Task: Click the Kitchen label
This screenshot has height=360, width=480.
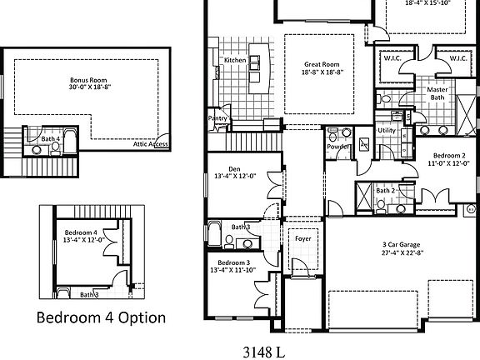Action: pyautogui.click(x=234, y=60)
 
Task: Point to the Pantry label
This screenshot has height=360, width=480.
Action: pyautogui.click(x=217, y=118)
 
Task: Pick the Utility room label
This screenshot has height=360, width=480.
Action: pyautogui.click(x=387, y=131)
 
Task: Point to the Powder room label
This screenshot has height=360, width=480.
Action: pyautogui.click(x=338, y=147)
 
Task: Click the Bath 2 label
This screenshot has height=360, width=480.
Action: pyautogui.click(x=384, y=191)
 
